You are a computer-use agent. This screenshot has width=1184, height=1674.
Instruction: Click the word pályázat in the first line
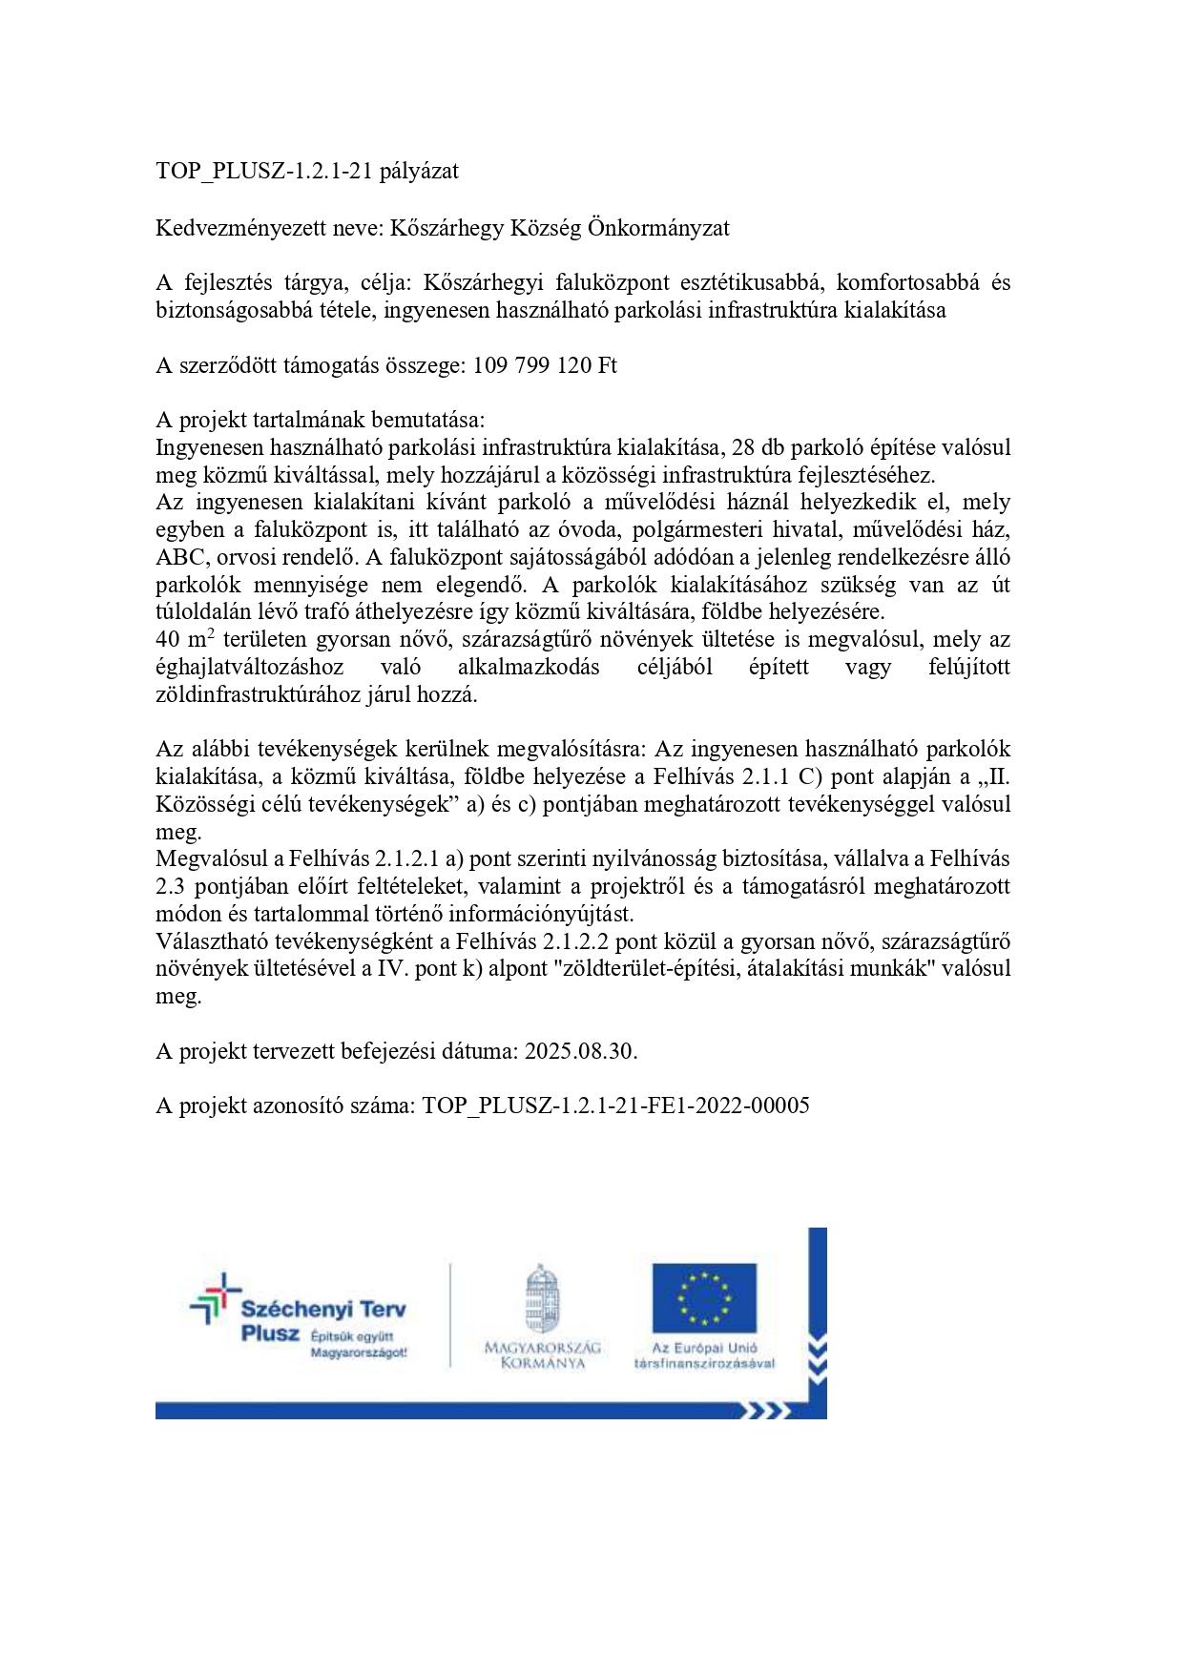(x=419, y=172)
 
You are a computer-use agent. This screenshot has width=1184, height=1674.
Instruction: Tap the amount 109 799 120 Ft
(x=545, y=366)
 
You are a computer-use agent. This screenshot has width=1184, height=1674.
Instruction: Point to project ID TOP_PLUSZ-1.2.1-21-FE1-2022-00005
(x=615, y=1106)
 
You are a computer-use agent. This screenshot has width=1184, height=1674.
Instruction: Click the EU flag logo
(x=704, y=1298)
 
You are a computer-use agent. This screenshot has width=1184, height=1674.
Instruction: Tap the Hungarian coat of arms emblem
(x=542, y=1299)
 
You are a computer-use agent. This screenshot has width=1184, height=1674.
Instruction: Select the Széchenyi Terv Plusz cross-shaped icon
(x=215, y=1298)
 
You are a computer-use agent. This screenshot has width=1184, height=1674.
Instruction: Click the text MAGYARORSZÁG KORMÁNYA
(x=542, y=1355)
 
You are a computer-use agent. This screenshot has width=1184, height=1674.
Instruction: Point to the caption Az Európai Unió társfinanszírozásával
(x=704, y=1355)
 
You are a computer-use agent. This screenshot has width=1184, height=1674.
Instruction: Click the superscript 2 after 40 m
(x=211, y=633)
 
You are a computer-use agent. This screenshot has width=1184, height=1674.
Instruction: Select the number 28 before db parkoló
(x=744, y=448)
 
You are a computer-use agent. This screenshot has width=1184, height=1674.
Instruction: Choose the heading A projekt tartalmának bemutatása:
(x=321, y=421)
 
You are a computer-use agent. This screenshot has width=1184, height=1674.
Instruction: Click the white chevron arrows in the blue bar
(x=769, y=1410)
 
